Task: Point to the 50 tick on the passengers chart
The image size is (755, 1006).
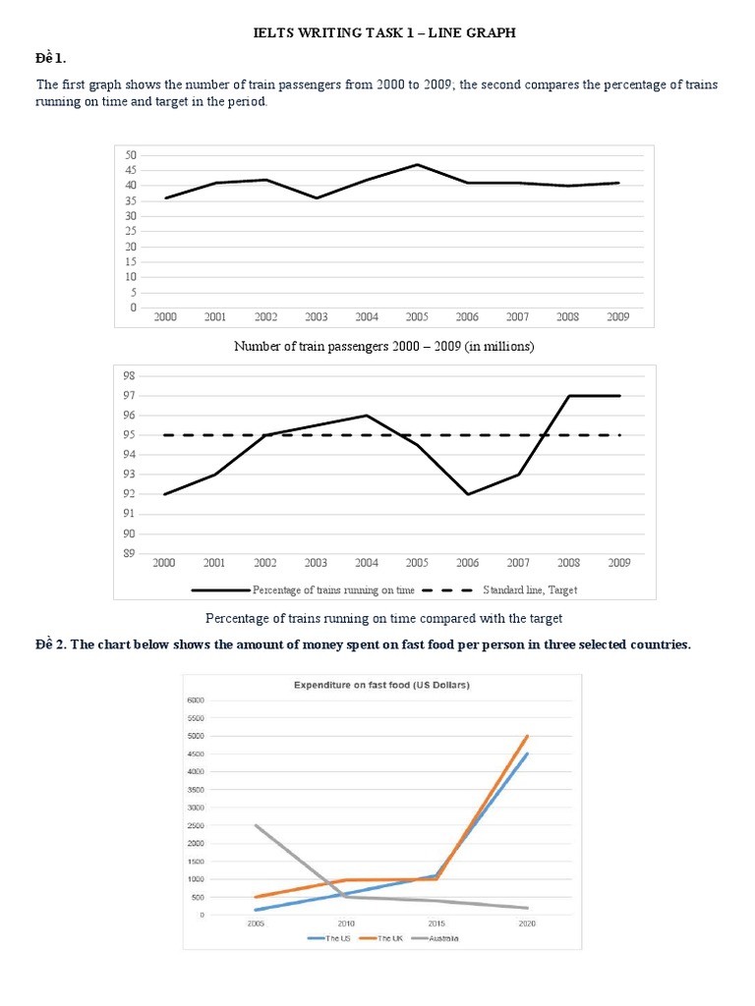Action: pos(130,155)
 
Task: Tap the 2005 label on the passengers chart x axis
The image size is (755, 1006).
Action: pos(417,317)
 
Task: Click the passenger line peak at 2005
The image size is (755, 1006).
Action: pos(417,164)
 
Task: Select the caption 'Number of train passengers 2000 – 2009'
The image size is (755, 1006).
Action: pos(383,346)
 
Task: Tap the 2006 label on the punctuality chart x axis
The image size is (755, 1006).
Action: pos(467,563)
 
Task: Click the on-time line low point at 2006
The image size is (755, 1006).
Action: pos(467,494)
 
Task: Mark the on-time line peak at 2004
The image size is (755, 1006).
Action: pos(366,416)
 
